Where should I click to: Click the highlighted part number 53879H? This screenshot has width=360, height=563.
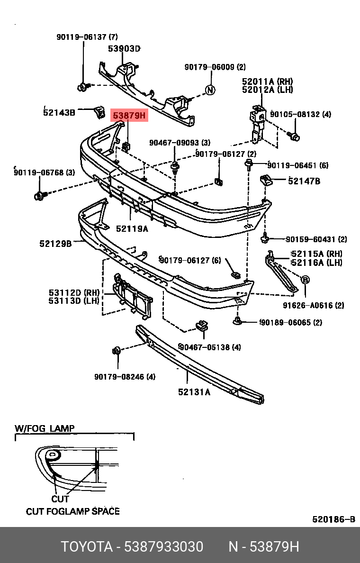[129, 115]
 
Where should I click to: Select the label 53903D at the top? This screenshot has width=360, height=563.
[124, 48]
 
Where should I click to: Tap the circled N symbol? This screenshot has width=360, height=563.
[210, 90]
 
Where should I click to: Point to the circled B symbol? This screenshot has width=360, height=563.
[305, 280]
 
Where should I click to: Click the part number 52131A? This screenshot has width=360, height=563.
[194, 391]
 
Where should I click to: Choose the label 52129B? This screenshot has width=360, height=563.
[55, 244]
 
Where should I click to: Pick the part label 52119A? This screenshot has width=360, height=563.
[132, 228]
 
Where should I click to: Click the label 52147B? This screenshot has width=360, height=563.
[304, 181]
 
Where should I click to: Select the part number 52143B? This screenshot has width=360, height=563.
[59, 112]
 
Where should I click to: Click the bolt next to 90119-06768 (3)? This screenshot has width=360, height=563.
[40, 195]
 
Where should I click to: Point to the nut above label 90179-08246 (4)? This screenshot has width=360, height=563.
[117, 351]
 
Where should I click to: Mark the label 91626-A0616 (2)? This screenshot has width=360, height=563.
[320, 306]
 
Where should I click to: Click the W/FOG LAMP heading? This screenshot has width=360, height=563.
[45, 428]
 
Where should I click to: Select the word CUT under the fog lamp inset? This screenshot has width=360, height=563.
[60, 499]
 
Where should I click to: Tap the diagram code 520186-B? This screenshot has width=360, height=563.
[333, 519]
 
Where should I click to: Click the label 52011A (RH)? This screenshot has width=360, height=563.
[267, 82]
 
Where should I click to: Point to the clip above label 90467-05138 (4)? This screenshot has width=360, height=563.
[202, 326]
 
